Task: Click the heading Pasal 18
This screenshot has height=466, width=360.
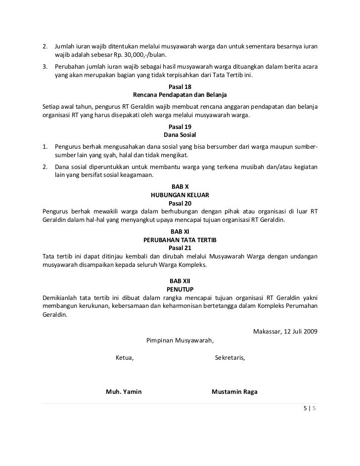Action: tap(180, 86)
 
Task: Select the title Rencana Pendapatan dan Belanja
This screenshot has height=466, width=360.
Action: tap(180, 94)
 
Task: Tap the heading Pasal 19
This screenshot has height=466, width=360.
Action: tap(180, 127)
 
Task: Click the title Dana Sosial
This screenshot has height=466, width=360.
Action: tap(180, 134)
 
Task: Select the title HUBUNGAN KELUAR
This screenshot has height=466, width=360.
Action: tap(180, 195)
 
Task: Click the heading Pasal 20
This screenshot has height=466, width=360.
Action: tap(180, 203)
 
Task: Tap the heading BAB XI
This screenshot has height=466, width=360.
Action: tap(180, 231)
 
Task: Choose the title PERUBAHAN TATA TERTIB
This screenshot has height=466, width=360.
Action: tap(180, 239)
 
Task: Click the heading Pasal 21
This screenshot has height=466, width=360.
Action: tap(180, 247)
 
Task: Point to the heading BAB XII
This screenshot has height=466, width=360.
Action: tap(180, 280)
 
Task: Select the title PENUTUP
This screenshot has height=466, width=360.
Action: tap(180, 288)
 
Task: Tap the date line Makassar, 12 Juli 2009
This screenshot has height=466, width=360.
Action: tap(285, 331)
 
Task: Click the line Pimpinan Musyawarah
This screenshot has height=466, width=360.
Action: tap(180, 340)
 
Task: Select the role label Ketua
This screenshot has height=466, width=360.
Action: tap(124, 358)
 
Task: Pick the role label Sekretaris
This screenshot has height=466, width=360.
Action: tap(230, 358)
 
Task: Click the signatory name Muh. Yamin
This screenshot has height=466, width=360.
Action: tap(124, 392)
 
